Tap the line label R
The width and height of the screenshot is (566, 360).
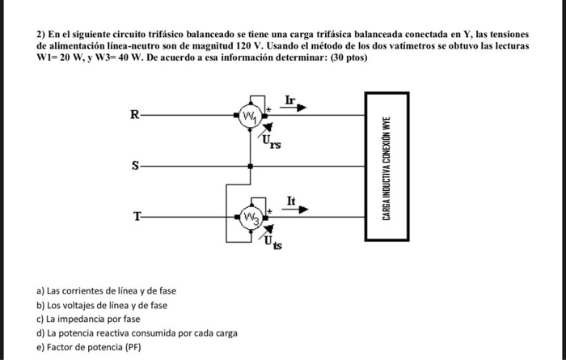135,115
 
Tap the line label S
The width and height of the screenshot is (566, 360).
135,166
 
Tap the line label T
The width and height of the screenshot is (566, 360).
137,217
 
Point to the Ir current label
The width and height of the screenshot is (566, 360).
290,100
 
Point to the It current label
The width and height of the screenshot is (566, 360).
291,201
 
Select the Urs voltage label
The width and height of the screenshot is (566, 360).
272,142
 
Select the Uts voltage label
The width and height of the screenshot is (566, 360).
273,242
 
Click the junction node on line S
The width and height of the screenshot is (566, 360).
250,167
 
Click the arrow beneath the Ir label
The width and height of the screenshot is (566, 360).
293,108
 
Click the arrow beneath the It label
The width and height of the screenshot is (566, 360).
295,210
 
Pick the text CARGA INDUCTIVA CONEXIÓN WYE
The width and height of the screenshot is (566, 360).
386,168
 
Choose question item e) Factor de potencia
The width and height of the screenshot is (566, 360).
89,347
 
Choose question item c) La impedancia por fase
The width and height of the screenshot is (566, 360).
88,320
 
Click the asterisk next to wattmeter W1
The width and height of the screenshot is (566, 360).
268,109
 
